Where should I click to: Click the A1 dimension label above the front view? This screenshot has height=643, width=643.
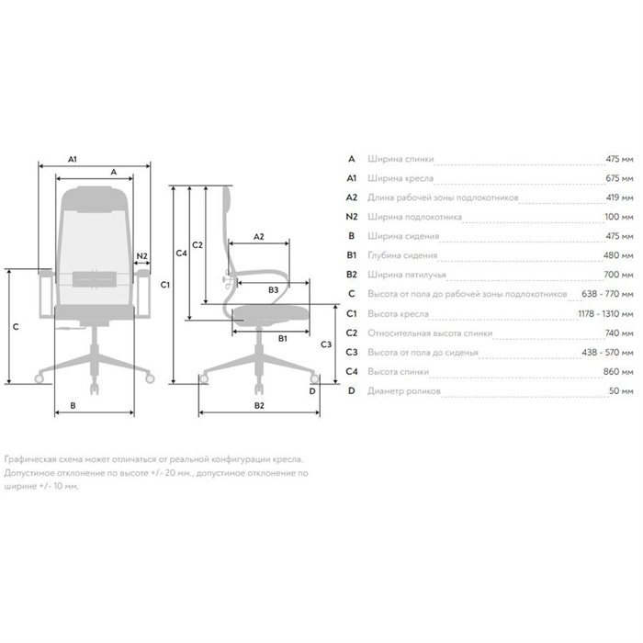(x=73, y=159)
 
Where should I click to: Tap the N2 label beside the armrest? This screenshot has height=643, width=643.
(x=141, y=256)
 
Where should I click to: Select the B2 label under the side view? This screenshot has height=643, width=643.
(x=259, y=406)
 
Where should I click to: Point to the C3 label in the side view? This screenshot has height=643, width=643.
(x=326, y=344)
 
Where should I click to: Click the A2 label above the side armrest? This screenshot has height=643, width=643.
(x=259, y=237)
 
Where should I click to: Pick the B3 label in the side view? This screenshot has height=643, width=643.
(x=273, y=290)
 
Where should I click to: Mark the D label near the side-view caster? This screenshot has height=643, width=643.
(x=312, y=391)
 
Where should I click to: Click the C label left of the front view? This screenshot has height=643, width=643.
(x=16, y=327)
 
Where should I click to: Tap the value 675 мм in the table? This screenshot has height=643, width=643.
(x=619, y=178)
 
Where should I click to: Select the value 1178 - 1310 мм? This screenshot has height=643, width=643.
(x=605, y=314)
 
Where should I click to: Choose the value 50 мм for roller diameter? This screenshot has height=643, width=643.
(x=621, y=390)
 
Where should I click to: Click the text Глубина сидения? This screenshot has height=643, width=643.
(x=402, y=255)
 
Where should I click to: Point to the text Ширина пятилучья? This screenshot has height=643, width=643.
(x=407, y=275)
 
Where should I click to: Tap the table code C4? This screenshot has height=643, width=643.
(x=352, y=371)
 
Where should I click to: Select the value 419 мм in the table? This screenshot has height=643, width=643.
(x=620, y=197)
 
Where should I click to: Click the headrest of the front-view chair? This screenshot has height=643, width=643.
(x=95, y=199)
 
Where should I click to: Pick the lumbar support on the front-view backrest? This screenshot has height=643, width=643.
(x=95, y=279)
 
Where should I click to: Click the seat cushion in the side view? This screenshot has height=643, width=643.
(x=270, y=314)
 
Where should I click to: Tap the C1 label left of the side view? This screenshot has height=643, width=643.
(x=164, y=285)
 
